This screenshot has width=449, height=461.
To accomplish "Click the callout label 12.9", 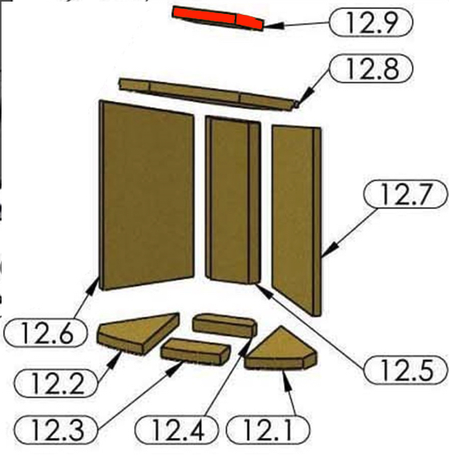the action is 371,22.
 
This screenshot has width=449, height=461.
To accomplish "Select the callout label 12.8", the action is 371,68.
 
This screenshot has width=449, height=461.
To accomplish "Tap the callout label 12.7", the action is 406,194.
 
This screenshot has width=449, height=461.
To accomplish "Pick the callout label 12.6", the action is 46,333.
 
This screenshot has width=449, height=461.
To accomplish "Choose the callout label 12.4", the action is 176,430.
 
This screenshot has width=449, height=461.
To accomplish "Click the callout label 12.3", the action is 56,430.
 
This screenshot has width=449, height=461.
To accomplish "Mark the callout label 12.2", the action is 56,384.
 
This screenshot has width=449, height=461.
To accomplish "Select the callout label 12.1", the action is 268,430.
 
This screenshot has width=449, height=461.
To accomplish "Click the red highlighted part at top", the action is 217,18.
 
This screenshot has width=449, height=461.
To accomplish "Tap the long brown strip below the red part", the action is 208,94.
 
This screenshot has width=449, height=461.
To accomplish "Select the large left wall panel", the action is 147,194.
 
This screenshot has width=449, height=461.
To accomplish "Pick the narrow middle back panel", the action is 233,200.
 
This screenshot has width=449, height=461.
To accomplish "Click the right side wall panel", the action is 297,221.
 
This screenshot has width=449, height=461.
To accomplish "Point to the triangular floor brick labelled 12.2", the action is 138,333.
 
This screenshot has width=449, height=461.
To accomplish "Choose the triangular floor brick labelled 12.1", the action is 280,350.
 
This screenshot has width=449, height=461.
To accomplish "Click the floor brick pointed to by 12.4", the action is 225,325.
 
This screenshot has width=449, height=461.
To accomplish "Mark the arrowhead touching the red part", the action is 274,26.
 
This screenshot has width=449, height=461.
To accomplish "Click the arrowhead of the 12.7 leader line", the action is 330,250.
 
